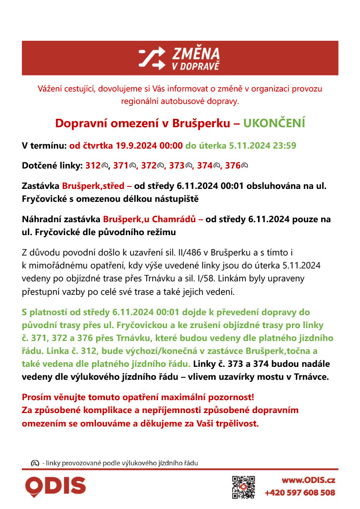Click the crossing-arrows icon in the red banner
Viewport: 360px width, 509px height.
pos(151,58)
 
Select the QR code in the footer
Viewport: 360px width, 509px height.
pos(244,487)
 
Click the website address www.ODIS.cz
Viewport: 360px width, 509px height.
pos(308,480)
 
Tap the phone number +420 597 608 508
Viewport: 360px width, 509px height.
pos(300,493)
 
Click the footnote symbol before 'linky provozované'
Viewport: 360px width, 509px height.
pos(35,463)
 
